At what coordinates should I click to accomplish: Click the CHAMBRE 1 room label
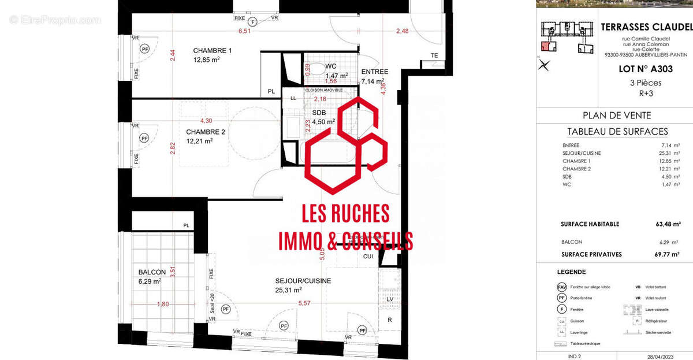(x=212, y=51)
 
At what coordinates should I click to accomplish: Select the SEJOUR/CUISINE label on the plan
(x=303, y=281)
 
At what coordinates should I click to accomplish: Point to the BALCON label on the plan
(x=152, y=272)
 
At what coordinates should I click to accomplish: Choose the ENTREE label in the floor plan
(x=374, y=72)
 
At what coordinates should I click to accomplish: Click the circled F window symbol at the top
(x=251, y=23)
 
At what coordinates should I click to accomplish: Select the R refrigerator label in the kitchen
(x=390, y=320)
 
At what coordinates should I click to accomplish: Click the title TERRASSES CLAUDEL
(x=646, y=27)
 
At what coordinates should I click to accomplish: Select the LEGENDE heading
(x=571, y=272)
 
